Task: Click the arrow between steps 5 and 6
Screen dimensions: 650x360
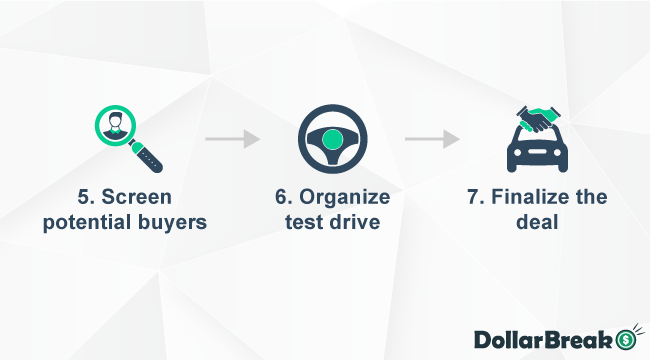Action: point(232,138)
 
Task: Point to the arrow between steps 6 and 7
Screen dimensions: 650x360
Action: point(431,138)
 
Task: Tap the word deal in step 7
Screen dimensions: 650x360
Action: point(536,221)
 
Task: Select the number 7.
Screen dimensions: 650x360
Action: point(474,197)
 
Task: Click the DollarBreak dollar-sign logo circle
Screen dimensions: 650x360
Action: point(626,338)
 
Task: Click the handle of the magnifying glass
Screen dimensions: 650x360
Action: point(150,155)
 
